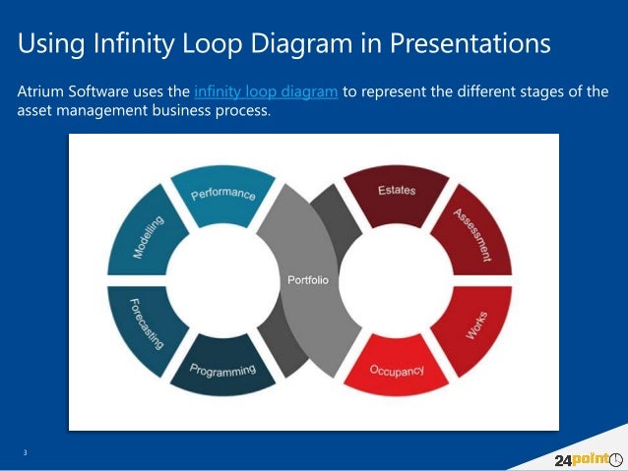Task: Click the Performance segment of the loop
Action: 221,194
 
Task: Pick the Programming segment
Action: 222,368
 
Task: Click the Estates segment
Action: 396,193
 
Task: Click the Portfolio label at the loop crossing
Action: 307,281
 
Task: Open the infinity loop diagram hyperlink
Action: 267,91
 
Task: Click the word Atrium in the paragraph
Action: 41,91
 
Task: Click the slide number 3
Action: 26,452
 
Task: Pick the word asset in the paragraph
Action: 36,111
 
